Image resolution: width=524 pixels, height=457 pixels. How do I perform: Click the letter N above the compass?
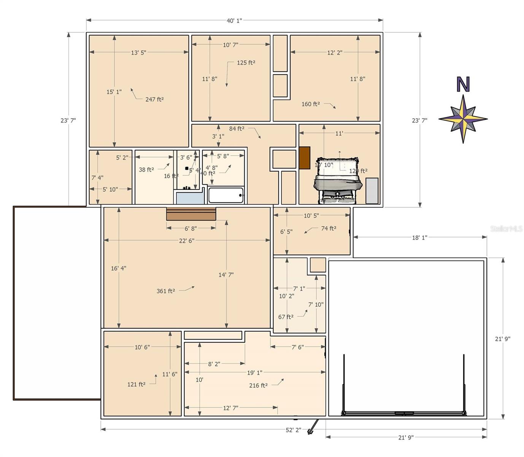463,85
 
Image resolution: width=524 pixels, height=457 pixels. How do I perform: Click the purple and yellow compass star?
463,119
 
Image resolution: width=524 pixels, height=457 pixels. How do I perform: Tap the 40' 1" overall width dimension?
234,21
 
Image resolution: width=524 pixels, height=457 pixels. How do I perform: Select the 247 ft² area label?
154,99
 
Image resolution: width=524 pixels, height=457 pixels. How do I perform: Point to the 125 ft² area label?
246,63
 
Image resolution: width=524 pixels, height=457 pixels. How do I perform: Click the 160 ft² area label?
311,104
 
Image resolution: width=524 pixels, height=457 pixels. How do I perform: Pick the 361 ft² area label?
166,291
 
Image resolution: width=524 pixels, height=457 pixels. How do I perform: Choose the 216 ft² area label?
258,385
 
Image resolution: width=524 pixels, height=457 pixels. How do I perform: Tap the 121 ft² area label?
136,384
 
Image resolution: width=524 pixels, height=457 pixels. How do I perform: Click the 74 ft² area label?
329,228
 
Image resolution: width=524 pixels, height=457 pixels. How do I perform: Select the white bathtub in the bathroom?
225,195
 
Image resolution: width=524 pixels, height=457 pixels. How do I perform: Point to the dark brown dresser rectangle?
304,158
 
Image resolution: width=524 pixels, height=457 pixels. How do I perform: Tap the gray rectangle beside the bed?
372,190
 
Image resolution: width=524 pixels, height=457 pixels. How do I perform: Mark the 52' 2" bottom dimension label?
293,430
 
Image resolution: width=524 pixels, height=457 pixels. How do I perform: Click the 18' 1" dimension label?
419,238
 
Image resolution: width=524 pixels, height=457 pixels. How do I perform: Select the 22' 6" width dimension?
187,241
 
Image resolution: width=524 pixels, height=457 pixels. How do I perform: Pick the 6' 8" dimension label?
191,228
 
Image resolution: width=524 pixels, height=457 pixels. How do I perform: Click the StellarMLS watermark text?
506,228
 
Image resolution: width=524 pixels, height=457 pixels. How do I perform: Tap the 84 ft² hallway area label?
237,129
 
